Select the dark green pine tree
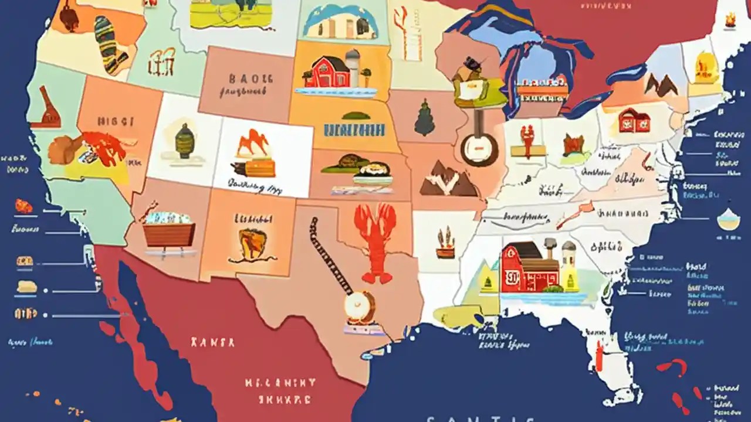(x=424, y=118)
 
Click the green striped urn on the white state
(x=184, y=141)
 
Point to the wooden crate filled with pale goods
(x=169, y=231)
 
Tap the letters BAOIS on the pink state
(x=251, y=78)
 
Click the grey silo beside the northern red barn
(x=352, y=67)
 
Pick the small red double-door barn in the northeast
(x=634, y=120)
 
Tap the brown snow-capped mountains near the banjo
(x=447, y=179)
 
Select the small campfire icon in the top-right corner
(x=730, y=21)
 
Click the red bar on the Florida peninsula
(x=598, y=355)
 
